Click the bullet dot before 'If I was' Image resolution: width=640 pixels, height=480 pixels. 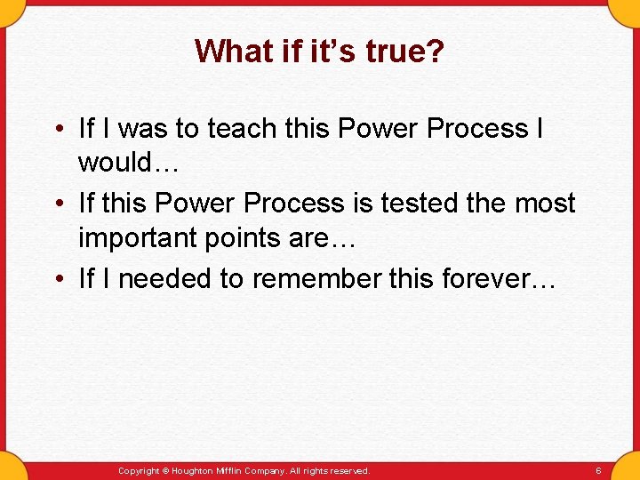tap(56, 130)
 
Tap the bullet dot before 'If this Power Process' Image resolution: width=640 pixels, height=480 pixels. tap(56, 204)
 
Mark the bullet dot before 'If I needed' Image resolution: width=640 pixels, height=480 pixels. tap(56, 280)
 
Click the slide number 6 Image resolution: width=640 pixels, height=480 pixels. tap(598, 470)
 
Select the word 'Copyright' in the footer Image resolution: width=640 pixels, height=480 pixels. tap(139, 470)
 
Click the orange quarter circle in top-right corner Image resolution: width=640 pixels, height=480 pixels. tap(628, 10)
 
